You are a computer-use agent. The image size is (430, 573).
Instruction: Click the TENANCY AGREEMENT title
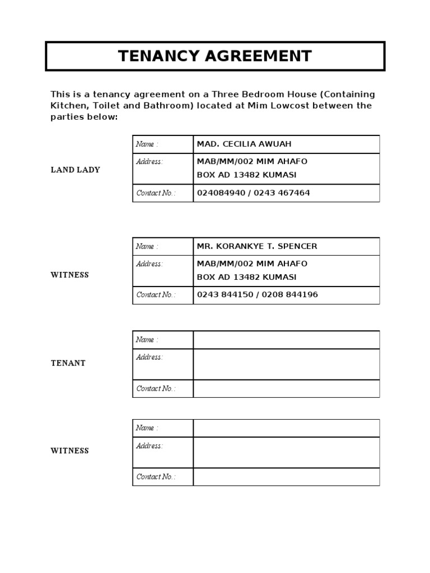click(214, 56)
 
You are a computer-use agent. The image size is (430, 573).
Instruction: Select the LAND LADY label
click(75, 170)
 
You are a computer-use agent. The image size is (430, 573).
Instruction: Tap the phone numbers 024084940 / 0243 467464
click(253, 192)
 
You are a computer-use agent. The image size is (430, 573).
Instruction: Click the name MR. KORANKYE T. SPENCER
click(256, 246)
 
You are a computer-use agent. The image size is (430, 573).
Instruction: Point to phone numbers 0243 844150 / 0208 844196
click(257, 294)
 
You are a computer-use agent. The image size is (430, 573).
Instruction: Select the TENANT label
click(68, 363)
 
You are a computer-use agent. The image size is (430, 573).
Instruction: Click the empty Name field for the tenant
click(286, 340)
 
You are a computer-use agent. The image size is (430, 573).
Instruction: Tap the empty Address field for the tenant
click(286, 364)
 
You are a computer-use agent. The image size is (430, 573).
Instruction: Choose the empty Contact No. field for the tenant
click(286, 388)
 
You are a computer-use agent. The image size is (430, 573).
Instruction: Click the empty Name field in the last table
click(286, 428)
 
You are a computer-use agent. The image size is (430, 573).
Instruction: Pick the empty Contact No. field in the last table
click(286, 477)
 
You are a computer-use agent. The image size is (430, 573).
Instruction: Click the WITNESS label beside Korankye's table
click(69, 275)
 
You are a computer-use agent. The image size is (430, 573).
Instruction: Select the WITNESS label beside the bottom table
click(69, 450)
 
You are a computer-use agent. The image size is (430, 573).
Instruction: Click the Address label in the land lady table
click(149, 162)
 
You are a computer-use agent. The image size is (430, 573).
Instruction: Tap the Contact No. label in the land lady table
click(156, 193)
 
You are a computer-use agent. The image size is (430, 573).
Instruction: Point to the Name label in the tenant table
click(147, 340)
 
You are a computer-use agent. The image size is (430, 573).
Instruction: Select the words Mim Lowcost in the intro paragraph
click(269, 106)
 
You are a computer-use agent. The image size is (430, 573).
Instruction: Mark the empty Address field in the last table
click(286, 452)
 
